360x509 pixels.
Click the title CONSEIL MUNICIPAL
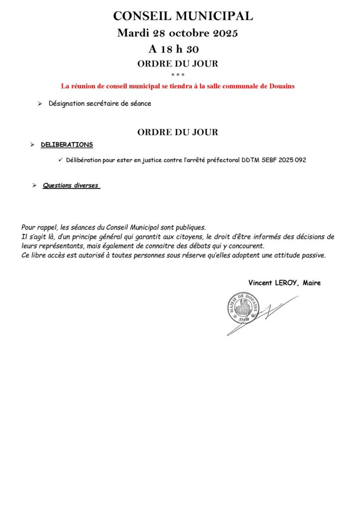click(x=183, y=16)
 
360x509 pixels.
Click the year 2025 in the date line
click(x=225, y=34)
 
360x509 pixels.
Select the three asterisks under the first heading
click(x=178, y=75)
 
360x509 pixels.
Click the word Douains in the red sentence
click(x=282, y=86)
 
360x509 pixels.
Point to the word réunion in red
click(x=85, y=86)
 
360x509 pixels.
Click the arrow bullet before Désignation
click(x=40, y=104)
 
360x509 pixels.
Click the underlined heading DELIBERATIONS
click(x=67, y=145)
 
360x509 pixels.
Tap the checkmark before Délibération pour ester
click(x=60, y=159)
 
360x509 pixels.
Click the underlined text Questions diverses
click(x=71, y=185)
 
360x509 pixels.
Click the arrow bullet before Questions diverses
click(x=34, y=185)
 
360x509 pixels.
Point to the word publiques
click(x=188, y=227)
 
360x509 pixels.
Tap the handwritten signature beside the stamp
click(x=271, y=313)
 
